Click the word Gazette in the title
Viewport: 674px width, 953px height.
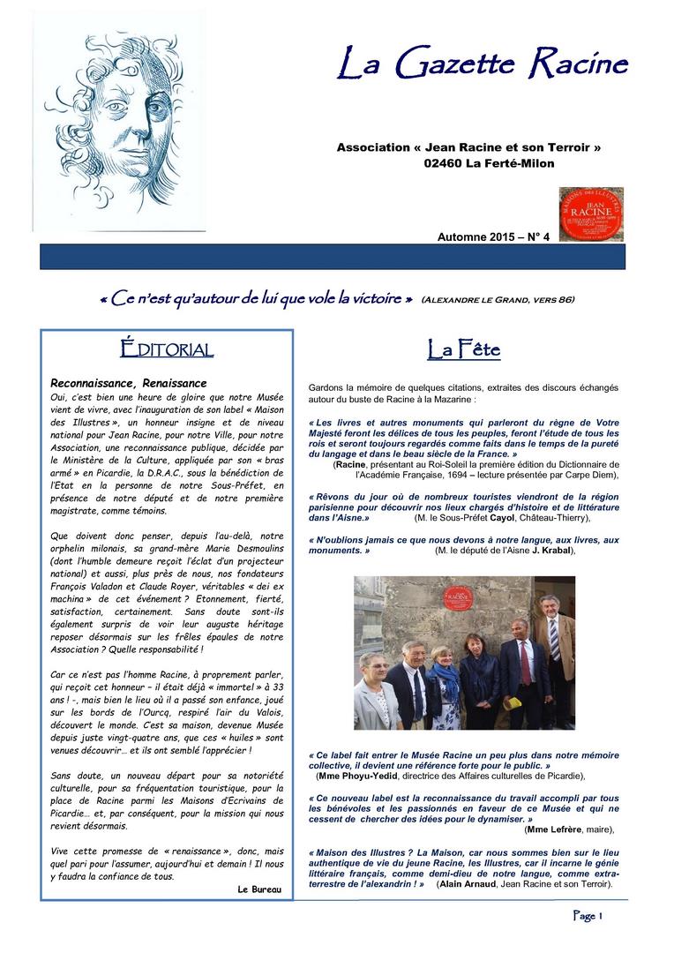coord(457,64)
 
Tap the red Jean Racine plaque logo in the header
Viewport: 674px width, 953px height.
coord(591,213)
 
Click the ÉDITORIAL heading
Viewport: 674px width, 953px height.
coord(167,349)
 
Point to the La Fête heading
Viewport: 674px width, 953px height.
coord(463,350)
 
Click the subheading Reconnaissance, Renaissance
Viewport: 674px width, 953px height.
coord(129,383)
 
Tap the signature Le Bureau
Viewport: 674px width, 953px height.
coord(260,889)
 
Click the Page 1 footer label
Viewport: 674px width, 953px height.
coord(588,916)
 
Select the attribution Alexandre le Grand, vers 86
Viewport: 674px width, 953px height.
coord(498,300)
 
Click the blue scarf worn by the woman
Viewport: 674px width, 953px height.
coord(446,681)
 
